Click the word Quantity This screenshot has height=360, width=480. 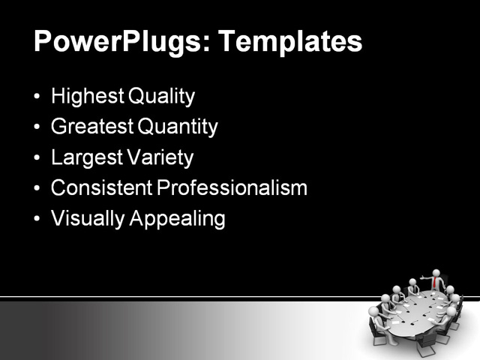[x=176, y=127]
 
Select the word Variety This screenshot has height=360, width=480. [x=159, y=158]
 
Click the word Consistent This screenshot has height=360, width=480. [x=100, y=188]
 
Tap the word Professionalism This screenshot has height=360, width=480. [x=232, y=188]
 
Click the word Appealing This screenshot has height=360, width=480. [x=178, y=219]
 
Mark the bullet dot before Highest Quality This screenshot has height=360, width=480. [x=38, y=97]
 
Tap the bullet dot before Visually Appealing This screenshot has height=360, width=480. [x=38, y=220]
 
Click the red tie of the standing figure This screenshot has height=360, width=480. [x=434, y=283]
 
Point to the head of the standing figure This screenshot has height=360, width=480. [x=435, y=273]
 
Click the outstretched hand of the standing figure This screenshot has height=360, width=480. [x=421, y=278]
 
